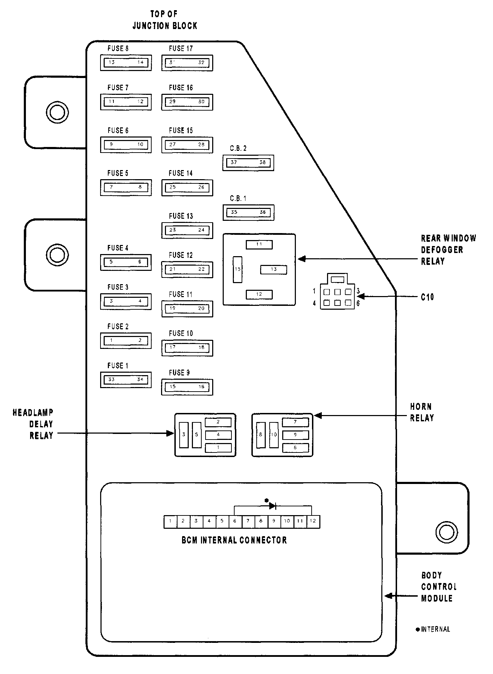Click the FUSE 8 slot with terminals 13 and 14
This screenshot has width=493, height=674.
pyautogui.click(x=126, y=63)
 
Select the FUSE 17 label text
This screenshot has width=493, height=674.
pyautogui.click(x=181, y=49)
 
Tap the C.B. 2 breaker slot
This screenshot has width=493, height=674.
pyautogui.click(x=248, y=163)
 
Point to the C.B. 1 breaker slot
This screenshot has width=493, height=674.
pyautogui.click(x=248, y=212)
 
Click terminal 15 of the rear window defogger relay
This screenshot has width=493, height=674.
pyautogui.click(x=237, y=269)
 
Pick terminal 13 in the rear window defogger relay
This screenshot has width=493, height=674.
pyautogui.click(x=273, y=269)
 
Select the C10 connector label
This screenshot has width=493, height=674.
pyautogui.click(x=427, y=297)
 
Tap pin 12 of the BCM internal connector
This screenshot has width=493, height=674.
pyautogui.click(x=313, y=521)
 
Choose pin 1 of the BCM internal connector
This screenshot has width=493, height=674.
pyautogui.click(x=170, y=521)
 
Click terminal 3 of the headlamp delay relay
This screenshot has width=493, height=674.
pyautogui.click(x=184, y=435)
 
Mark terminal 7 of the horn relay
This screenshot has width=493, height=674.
pyautogui.click(x=296, y=422)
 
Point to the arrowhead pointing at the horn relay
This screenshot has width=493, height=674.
pyautogui.click(x=318, y=416)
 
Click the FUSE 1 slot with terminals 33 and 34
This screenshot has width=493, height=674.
pyautogui.click(x=126, y=380)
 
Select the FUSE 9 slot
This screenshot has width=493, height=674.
pyautogui.click(x=187, y=387)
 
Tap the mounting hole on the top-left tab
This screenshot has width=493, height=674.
pyautogui.click(x=57, y=112)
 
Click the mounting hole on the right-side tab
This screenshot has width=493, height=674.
pyautogui.click(x=446, y=532)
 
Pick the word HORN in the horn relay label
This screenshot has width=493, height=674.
pyautogui.click(x=421, y=407)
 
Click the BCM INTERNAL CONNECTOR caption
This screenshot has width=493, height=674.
pyautogui.click(x=234, y=540)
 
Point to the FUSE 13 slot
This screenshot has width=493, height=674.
pyautogui.click(x=187, y=230)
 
